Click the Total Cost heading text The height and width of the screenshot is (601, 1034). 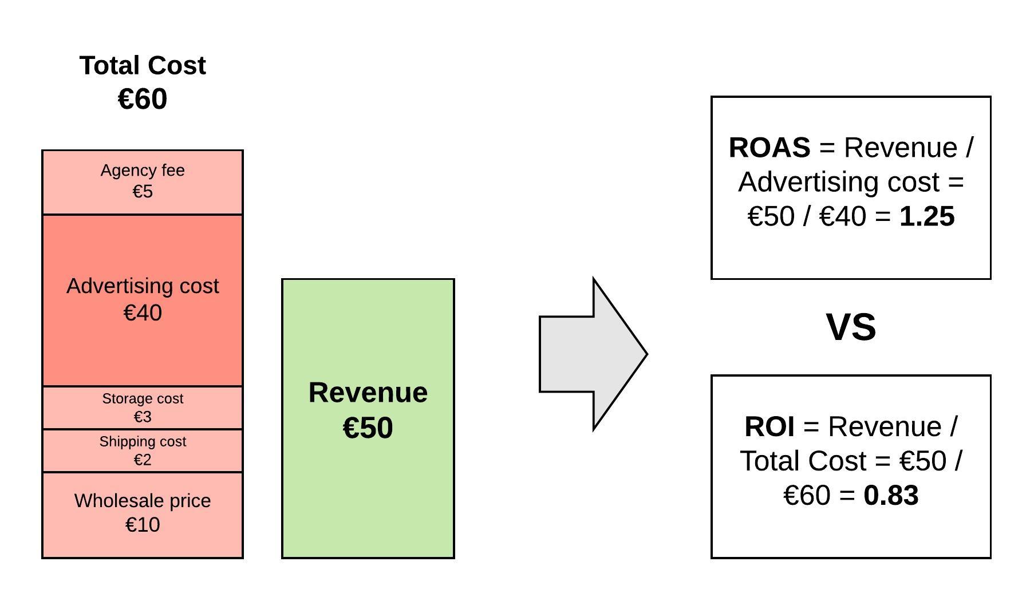[x=143, y=66]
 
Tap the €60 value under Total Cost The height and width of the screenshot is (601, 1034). [x=143, y=99]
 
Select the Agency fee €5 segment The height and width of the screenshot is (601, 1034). [x=143, y=182]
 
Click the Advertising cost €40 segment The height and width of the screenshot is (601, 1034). [x=143, y=300]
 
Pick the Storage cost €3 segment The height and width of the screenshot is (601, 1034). [x=143, y=408]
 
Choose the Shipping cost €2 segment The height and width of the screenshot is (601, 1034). [x=143, y=450]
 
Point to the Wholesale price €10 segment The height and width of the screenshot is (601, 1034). [x=143, y=514]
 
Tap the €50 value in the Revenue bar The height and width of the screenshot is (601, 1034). [x=368, y=428]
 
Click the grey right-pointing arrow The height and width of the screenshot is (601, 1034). [x=592, y=354]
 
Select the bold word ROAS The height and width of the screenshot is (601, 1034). [x=769, y=148]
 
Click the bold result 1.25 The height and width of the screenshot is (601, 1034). [x=927, y=216]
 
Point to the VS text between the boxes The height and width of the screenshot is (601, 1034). [x=851, y=327]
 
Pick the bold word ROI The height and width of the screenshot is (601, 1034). [x=769, y=427]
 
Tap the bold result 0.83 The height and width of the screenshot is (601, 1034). [x=891, y=496]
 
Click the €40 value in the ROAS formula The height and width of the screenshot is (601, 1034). [x=843, y=216]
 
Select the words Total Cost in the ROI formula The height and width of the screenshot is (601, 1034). [x=803, y=461]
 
